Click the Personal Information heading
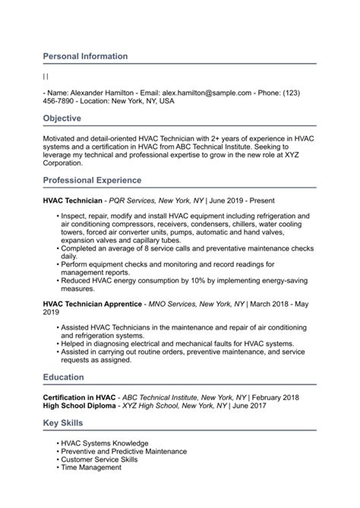[x=85, y=56]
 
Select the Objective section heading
[x=62, y=118]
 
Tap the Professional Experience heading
[x=92, y=180]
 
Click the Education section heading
[x=64, y=377]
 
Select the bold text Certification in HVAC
[x=79, y=397]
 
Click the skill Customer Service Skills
[x=99, y=460]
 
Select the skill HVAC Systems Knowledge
[x=105, y=443]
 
